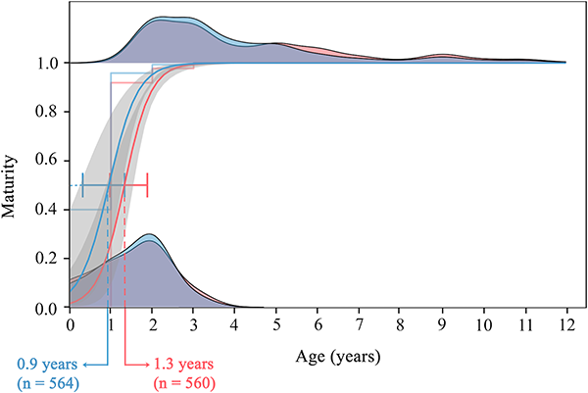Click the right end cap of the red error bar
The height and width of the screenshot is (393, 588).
point(147,185)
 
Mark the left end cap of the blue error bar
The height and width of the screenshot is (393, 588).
point(82,185)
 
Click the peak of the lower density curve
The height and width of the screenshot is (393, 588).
point(149,235)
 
